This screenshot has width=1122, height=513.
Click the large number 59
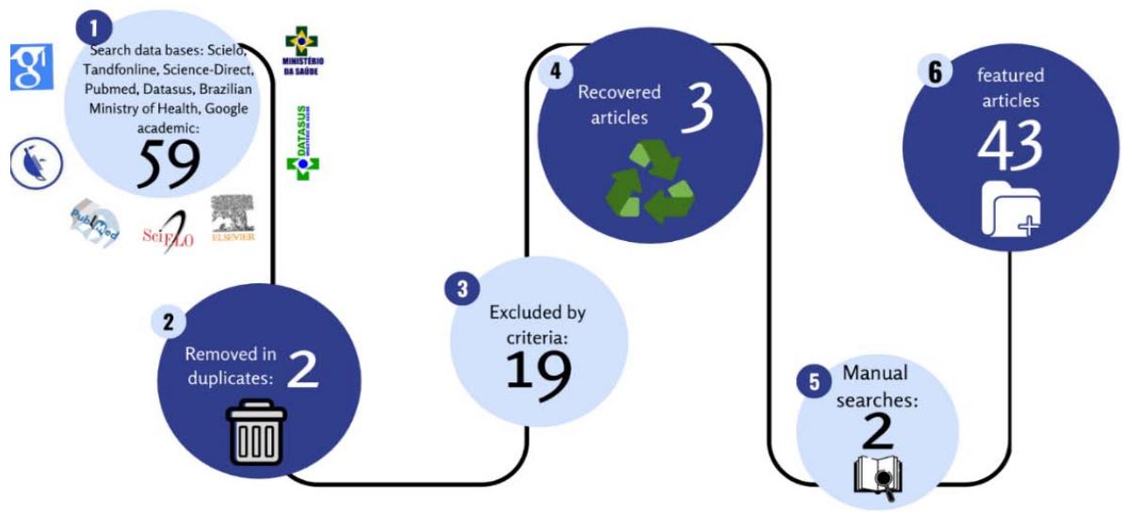click(171, 162)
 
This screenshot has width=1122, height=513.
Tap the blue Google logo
click(29, 67)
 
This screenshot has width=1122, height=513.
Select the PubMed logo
click(93, 223)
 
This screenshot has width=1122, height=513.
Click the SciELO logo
click(169, 232)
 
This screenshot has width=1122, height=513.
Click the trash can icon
click(257, 432)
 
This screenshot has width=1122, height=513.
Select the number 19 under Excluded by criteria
click(538, 370)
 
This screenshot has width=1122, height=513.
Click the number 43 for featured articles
click(1010, 146)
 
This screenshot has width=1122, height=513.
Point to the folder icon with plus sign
click(1011, 212)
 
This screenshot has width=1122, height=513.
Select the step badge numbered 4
click(557, 72)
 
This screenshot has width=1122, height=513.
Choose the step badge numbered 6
click(935, 72)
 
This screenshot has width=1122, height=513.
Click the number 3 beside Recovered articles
click(696, 108)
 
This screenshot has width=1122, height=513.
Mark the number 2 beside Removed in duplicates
click(302, 369)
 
